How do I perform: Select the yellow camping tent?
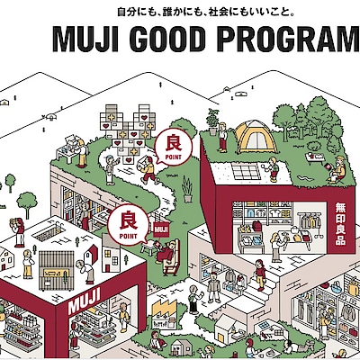click(x=256, y=137)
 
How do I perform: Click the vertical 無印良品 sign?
click(x=340, y=224)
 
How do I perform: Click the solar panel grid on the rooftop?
click(x=246, y=171)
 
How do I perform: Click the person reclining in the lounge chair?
click(x=168, y=251)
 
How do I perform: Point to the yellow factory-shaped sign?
click(x=164, y=309)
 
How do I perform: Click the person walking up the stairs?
click(x=260, y=274)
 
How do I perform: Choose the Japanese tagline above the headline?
click(x=205, y=13)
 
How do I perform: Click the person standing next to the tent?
click(x=222, y=138)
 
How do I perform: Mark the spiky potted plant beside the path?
click(x=187, y=190)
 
